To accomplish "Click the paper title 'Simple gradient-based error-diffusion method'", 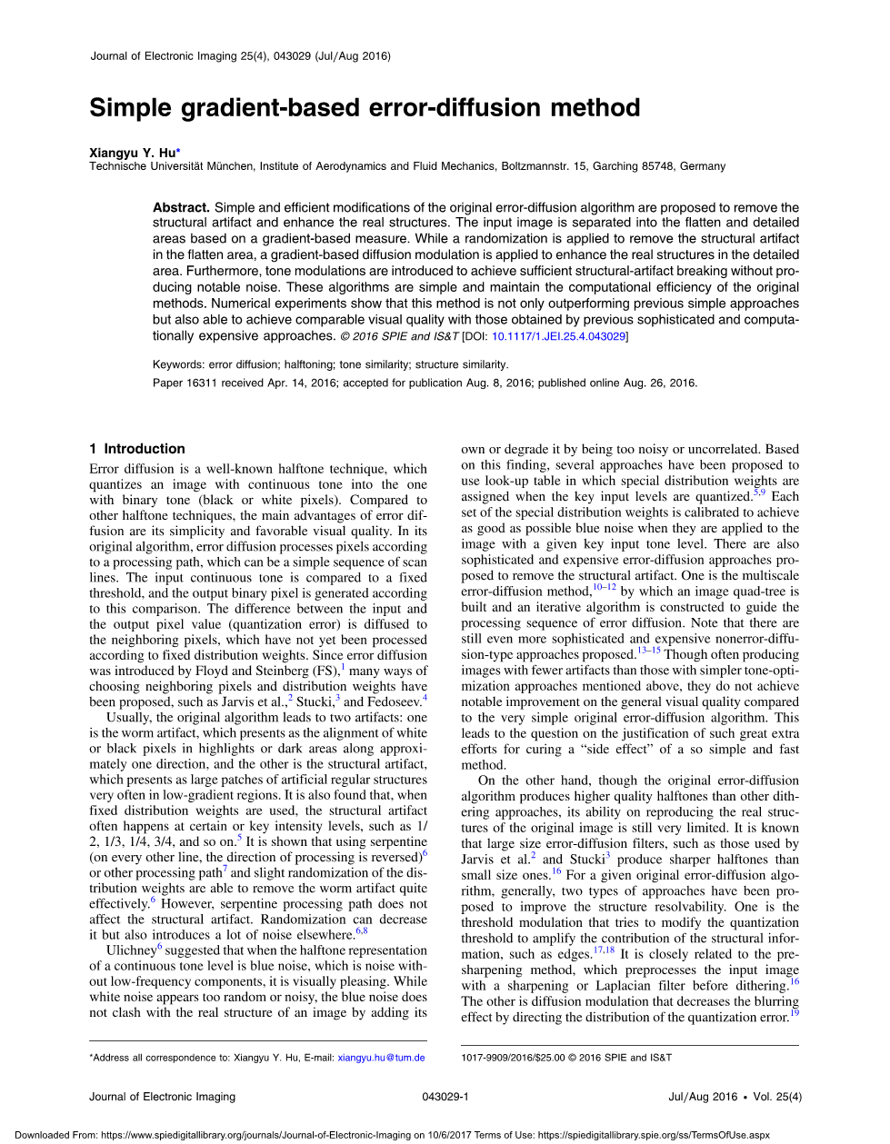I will [365, 108].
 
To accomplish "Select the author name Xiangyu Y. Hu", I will [132, 153].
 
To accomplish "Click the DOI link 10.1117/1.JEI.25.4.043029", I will [558, 337].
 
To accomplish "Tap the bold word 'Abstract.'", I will [181, 207].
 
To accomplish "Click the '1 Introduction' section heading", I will [137, 449].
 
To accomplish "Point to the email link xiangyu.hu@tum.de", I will [381, 1058].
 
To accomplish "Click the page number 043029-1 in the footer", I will [445, 1097].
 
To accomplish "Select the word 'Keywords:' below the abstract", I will [179, 364].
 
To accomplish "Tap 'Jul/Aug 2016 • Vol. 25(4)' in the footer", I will [735, 1097].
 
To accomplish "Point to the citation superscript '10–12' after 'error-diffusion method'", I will [605, 587].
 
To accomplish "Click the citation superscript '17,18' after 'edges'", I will [604, 950].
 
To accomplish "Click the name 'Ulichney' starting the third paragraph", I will [131, 950].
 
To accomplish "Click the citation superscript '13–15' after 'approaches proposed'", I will [648, 650].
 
